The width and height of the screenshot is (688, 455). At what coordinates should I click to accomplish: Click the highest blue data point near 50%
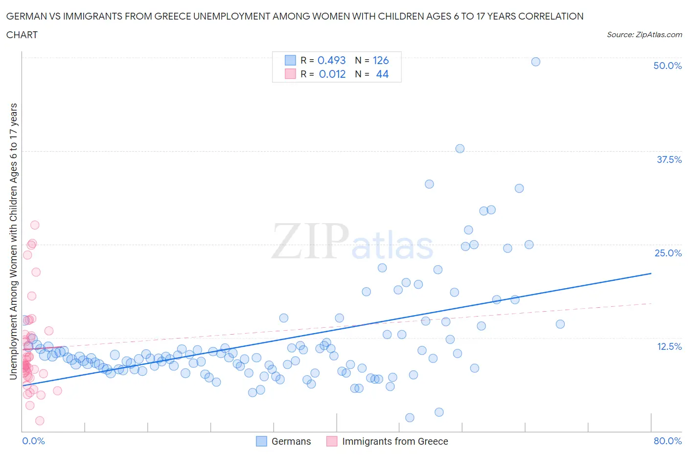point(535,62)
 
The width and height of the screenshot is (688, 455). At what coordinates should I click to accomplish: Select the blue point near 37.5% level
point(459,149)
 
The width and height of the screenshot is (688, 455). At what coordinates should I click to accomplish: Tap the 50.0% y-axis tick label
point(667,66)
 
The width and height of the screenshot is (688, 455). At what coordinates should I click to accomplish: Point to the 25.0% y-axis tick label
point(667,253)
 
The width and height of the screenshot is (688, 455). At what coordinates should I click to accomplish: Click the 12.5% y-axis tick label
point(668,346)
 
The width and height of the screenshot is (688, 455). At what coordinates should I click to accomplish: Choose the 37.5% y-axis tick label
point(668,159)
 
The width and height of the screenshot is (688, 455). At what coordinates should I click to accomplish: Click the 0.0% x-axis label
point(33,441)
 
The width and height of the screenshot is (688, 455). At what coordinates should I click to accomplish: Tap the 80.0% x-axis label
point(667,441)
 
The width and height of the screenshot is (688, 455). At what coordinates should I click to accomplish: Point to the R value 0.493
point(331,60)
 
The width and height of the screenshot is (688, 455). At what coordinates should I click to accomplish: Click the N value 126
point(380,60)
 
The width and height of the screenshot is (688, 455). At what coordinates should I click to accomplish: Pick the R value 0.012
point(332,74)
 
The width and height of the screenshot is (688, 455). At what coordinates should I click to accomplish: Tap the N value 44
point(382,74)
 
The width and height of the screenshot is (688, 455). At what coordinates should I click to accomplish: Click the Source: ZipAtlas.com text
point(644,34)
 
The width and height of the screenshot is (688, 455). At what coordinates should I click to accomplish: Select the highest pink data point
point(35,225)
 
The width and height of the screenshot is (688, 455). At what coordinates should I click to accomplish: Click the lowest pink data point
point(40,421)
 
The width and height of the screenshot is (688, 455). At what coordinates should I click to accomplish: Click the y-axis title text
point(13,242)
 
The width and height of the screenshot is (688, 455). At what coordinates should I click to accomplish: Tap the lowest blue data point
point(410,418)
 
